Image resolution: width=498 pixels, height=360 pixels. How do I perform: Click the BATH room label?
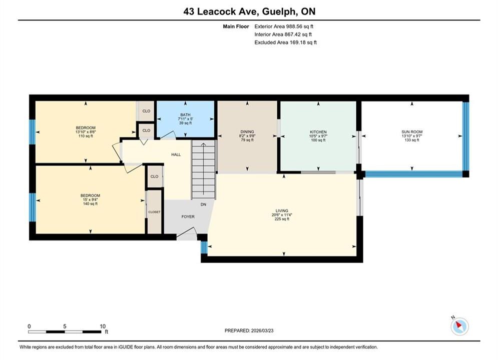(x=186, y=114)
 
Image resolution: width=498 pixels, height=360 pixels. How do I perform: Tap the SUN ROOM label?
(x=412, y=131)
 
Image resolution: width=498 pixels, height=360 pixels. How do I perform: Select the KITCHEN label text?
(x=318, y=132)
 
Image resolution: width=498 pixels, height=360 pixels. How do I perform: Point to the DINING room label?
(x=247, y=131)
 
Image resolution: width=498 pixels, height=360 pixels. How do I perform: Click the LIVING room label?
(x=282, y=210)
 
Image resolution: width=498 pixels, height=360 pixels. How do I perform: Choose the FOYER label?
(x=188, y=216)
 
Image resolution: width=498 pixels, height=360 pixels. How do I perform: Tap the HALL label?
(x=176, y=154)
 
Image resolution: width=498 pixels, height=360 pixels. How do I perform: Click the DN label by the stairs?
(x=203, y=204)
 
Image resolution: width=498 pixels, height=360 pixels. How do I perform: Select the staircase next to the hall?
(x=204, y=170)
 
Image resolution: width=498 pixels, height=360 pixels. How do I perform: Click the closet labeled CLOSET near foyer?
(x=154, y=212)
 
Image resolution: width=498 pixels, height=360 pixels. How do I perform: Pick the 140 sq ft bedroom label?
(x=90, y=199)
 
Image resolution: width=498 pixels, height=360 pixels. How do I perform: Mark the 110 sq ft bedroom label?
(x=86, y=132)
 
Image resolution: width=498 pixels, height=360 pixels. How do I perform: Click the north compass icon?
(x=459, y=325)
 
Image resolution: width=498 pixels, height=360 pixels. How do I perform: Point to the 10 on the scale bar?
(x=103, y=326)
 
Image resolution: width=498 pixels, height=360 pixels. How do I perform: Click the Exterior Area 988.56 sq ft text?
(x=284, y=26)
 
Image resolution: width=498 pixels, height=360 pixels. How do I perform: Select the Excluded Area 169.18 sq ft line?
(x=285, y=42)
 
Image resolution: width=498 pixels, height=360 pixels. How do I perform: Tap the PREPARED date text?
(x=249, y=330)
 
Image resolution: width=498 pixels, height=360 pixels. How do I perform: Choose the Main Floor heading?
(x=236, y=26)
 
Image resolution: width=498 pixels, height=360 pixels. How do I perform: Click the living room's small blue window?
(x=204, y=247)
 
